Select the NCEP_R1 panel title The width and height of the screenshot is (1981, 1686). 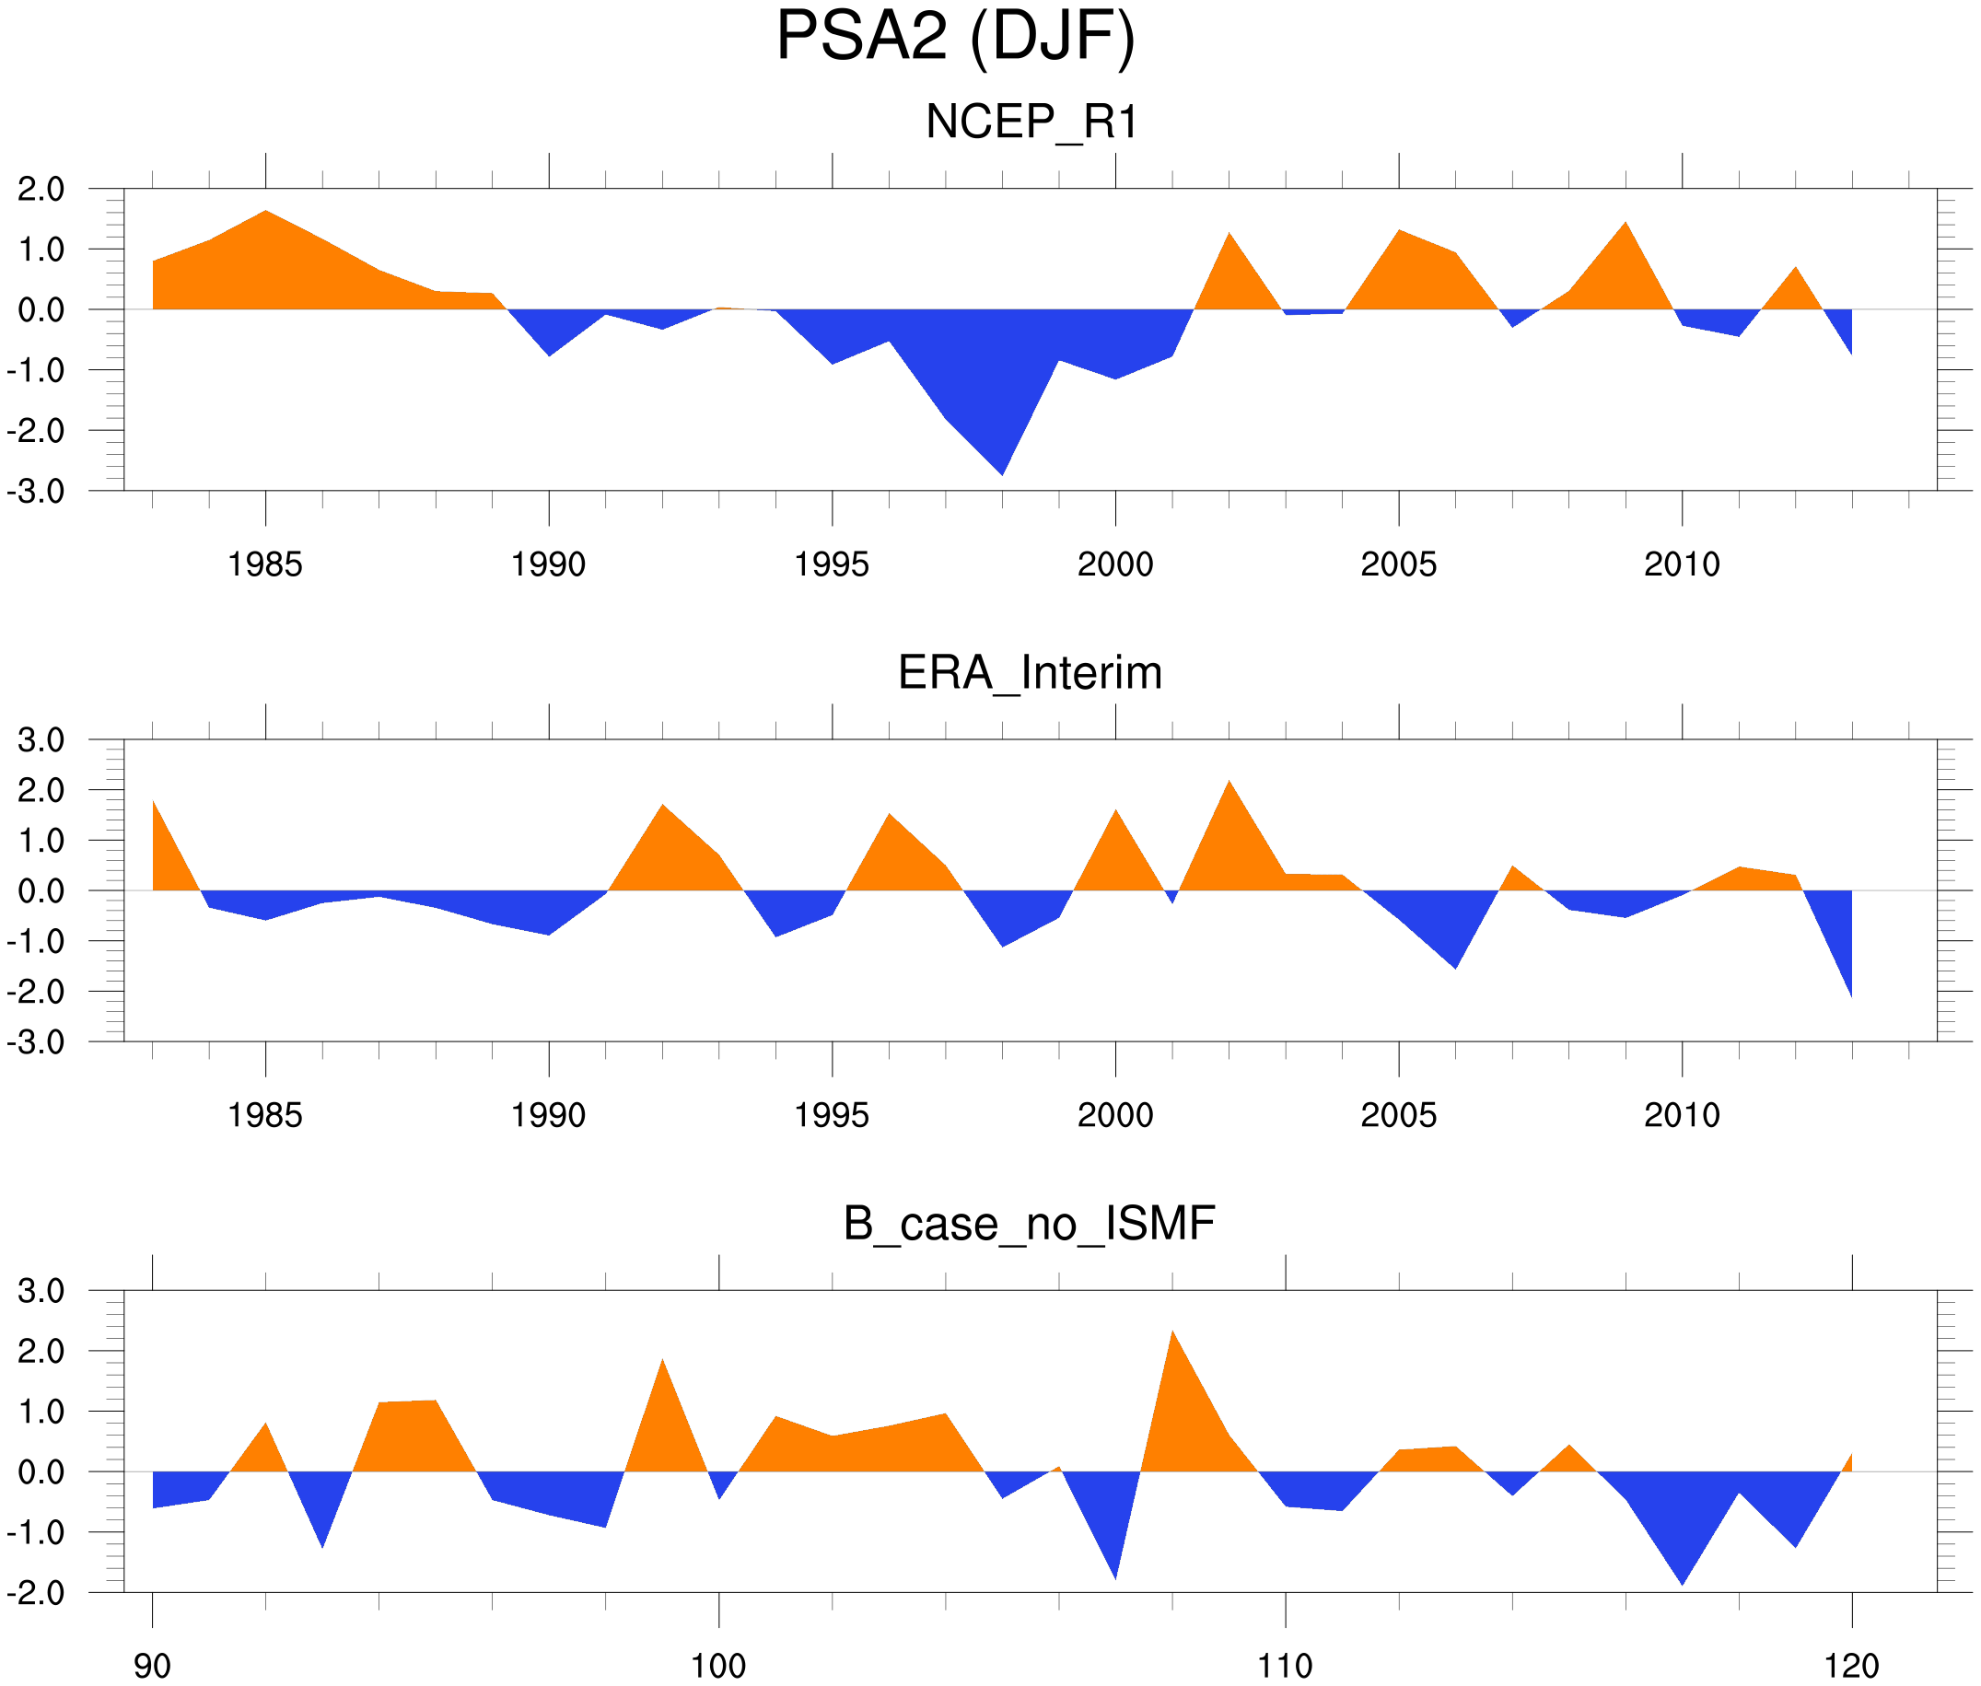(1031, 122)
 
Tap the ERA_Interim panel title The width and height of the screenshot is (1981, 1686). (1030, 673)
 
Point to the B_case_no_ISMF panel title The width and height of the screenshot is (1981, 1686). (1029, 1224)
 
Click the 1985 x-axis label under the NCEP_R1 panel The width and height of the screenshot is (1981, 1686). (265, 564)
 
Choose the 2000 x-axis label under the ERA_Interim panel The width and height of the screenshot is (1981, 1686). (1114, 1115)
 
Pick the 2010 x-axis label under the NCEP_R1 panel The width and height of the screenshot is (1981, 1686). (1682, 564)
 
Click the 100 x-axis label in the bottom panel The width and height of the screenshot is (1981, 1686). (718, 1666)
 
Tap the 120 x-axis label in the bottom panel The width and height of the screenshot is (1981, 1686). (1852, 1666)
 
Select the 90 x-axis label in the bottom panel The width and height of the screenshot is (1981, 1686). (152, 1666)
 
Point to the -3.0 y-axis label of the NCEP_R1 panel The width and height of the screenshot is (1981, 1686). (35, 493)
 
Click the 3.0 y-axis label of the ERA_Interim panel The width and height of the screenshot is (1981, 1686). (41, 739)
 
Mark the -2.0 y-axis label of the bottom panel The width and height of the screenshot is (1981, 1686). (35, 1593)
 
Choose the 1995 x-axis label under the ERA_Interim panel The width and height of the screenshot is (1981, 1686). (832, 1115)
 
